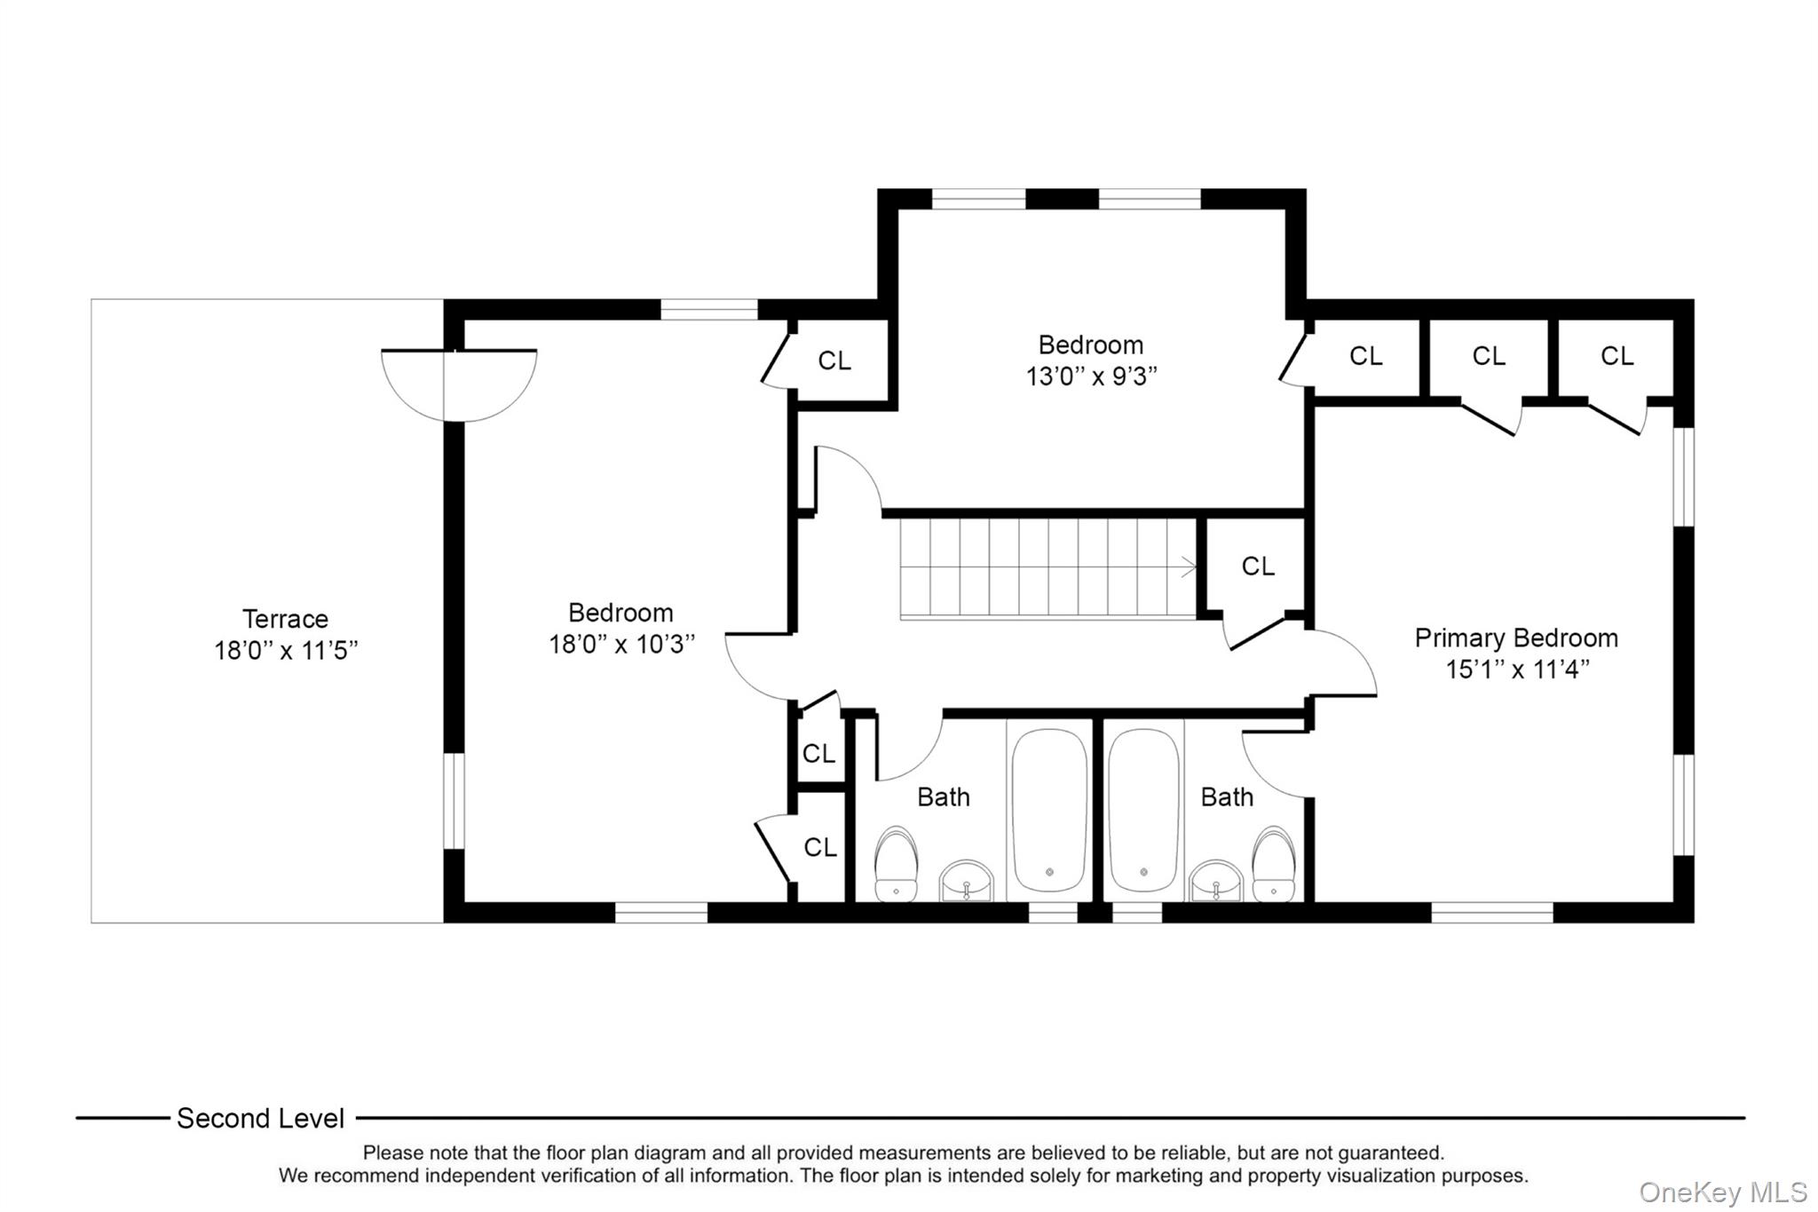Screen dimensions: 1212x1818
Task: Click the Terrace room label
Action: click(x=285, y=619)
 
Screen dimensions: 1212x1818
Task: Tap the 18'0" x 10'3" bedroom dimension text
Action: click(x=621, y=645)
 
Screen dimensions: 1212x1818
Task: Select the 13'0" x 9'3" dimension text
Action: click(x=1091, y=376)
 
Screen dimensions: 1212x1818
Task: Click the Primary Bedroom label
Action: click(x=1515, y=638)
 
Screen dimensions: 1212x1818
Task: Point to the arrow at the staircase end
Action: click(x=1187, y=567)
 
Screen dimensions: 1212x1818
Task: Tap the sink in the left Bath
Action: click(x=966, y=880)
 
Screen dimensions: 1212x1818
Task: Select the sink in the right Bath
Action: click(x=1215, y=880)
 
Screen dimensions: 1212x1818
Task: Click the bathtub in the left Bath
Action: click(x=1049, y=810)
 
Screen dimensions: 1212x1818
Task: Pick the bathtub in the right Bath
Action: click(x=1143, y=810)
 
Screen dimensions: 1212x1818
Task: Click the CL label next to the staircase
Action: click(x=1257, y=566)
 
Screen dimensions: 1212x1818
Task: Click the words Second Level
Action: click(x=260, y=1119)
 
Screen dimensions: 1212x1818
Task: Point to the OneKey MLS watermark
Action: click(x=1722, y=1192)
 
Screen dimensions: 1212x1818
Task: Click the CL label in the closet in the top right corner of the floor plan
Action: click(x=1616, y=356)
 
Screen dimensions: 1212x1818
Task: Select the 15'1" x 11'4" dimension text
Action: click(x=1517, y=669)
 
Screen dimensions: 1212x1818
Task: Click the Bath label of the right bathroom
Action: click(x=1227, y=797)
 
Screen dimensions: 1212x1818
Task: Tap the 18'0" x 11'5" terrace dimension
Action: click(x=285, y=651)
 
